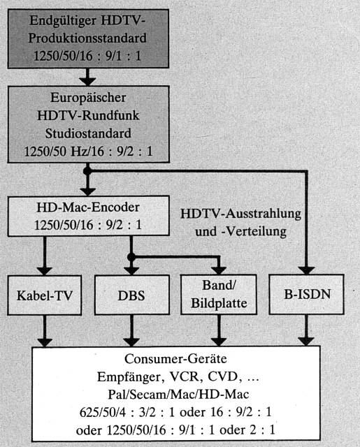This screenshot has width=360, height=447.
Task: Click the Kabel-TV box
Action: click(45, 295)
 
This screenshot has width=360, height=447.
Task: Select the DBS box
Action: click(132, 295)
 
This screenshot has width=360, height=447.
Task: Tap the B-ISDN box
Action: click(307, 295)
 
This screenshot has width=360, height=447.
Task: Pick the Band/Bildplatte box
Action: click(219, 295)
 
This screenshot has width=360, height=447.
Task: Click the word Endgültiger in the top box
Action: click(63, 21)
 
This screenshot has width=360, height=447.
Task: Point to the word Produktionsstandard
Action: click(87, 38)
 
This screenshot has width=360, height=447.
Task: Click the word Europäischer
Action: click(88, 98)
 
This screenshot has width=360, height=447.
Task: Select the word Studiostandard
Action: click(88, 133)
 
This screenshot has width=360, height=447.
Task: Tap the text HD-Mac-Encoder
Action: click(88, 207)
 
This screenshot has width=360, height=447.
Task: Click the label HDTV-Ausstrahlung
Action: click(240, 214)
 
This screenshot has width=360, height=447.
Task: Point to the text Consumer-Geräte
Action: click(175, 359)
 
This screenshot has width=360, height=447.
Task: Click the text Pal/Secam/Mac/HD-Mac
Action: click(178, 395)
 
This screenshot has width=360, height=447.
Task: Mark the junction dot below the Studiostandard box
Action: click(87, 171)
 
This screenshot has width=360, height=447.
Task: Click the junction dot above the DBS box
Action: click(131, 257)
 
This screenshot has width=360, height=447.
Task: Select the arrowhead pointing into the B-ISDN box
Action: click(306, 270)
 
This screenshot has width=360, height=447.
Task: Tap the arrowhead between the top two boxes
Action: click(87, 82)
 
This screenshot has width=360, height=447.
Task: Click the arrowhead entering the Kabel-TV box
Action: click(45, 271)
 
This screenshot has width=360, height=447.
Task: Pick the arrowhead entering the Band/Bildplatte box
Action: click(219, 271)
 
